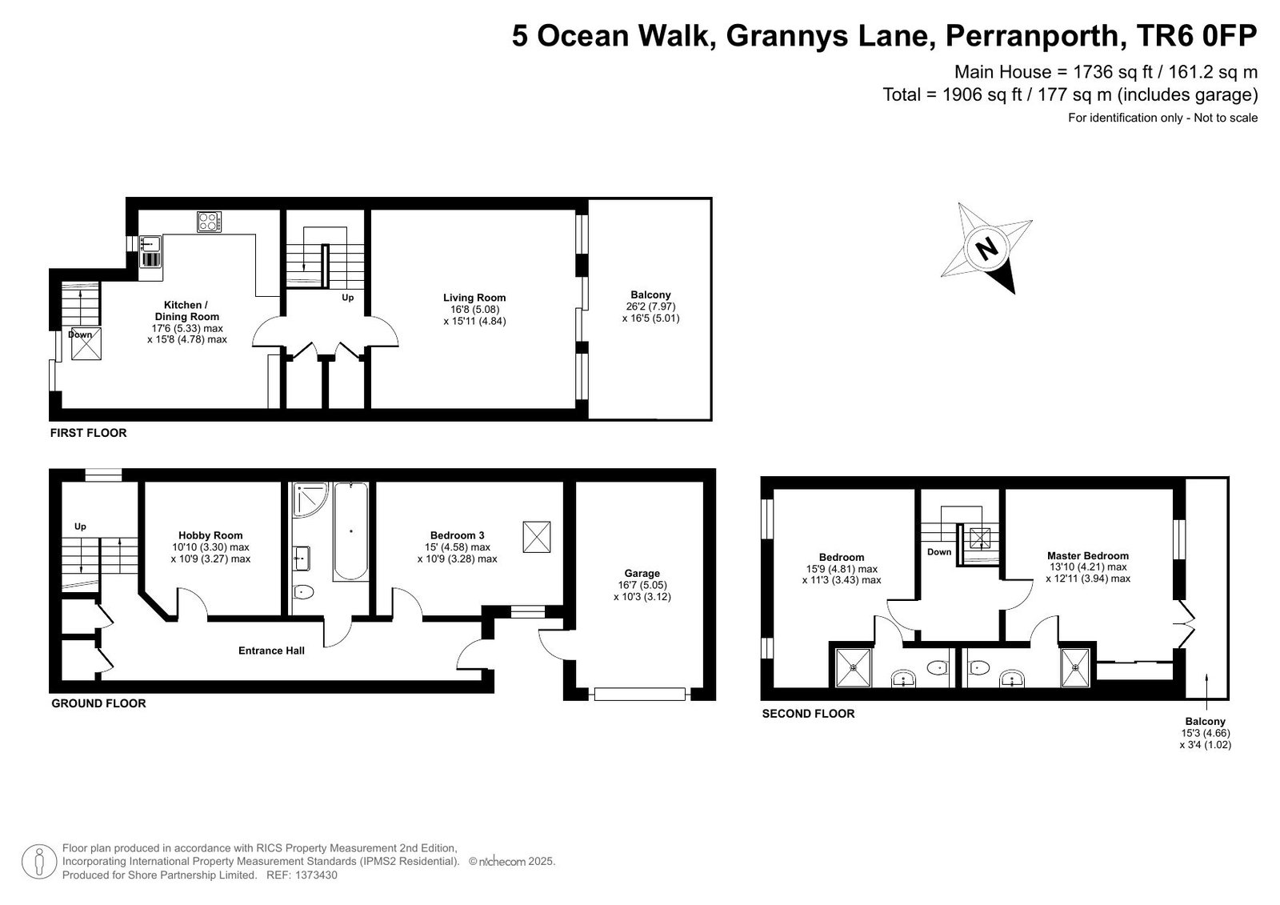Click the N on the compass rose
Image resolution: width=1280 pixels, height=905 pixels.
point(986,250)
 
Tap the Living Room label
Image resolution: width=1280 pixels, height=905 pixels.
point(474,298)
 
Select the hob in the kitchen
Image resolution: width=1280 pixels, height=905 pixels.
point(209,222)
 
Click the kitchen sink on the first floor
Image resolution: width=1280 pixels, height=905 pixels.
point(150,243)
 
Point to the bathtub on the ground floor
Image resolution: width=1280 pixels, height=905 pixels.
point(350,531)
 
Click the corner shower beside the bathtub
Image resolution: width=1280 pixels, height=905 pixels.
point(310,499)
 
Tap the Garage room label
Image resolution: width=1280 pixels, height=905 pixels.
point(642,573)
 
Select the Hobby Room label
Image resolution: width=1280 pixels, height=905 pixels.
point(210,535)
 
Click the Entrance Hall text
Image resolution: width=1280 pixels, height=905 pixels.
point(271,650)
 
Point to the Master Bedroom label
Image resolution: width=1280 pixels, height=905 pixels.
point(1088,555)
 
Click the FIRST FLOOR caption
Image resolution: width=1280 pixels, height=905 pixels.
point(89,433)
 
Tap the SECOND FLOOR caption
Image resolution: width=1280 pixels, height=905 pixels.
point(809,714)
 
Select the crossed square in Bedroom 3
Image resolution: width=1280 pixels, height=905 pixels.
point(537,537)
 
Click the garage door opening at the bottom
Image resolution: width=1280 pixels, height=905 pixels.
point(639,694)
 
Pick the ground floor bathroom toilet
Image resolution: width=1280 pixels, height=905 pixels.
point(303,591)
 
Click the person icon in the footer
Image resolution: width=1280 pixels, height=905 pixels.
point(39,862)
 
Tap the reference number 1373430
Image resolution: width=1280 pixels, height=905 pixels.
point(316,875)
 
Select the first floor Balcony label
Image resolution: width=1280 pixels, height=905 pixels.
point(651,294)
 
